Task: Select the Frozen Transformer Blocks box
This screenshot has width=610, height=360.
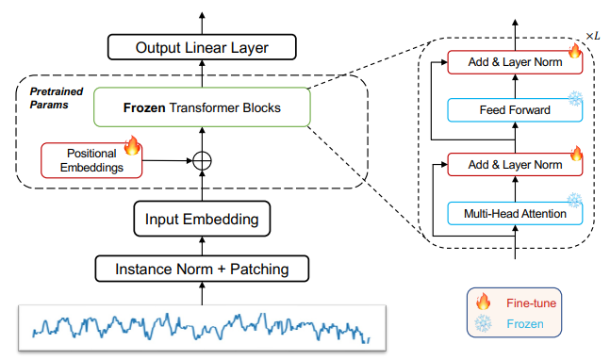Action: pos(202,107)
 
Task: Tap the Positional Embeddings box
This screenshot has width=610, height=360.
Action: pos(91,158)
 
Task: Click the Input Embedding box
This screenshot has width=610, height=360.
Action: pos(202,221)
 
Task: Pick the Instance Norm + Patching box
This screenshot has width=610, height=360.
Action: pos(202,270)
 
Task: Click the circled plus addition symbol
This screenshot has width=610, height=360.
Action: pos(202,161)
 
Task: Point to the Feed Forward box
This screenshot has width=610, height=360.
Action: pos(516,110)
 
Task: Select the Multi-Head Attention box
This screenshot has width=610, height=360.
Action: pos(516,214)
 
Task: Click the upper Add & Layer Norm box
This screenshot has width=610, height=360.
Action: pos(516,62)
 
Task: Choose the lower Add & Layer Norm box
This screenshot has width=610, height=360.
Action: pos(516,165)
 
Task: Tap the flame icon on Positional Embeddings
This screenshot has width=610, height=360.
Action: pos(132,145)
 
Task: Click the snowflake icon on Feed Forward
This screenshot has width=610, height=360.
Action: pos(574,98)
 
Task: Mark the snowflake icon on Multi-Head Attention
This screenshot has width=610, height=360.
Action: pos(574,201)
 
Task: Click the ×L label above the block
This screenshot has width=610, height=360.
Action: pos(592,35)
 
